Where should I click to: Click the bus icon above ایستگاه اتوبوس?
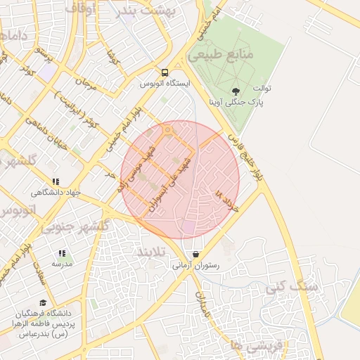coord(165,72)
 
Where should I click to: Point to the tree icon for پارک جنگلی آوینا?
coord(235,91)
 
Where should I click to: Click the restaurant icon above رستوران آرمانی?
coord(195,255)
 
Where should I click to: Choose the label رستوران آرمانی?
coord(195,266)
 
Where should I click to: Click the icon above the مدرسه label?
coord(62,253)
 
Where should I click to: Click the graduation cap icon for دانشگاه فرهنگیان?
coord(43,303)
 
